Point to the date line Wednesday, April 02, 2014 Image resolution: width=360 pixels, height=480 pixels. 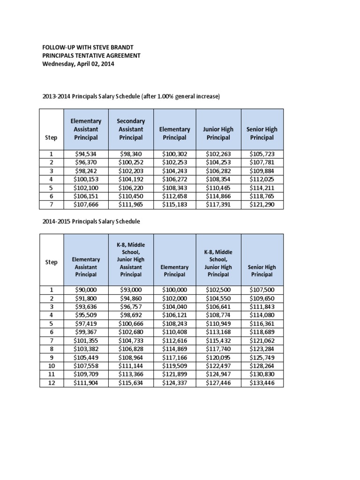(x=78, y=64)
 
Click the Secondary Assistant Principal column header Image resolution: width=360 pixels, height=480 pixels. (x=130, y=129)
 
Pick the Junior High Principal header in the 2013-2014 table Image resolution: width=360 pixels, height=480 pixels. (x=218, y=133)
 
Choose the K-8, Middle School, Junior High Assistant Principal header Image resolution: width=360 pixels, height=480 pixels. (x=130, y=260)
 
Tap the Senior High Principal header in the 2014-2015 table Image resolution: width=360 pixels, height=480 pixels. (x=262, y=270)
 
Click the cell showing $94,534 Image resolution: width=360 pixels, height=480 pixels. (x=86, y=154)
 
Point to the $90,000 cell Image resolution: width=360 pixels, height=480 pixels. (x=86, y=290)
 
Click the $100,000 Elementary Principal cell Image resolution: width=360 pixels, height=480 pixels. (x=174, y=290)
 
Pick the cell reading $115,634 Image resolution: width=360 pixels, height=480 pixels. (x=131, y=383)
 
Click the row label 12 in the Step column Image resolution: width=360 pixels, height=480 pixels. (x=52, y=383)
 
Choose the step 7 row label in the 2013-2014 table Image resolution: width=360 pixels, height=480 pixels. (x=52, y=204)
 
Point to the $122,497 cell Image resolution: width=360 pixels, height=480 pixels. (x=218, y=366)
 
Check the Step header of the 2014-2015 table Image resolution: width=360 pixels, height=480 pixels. (x=52, y=262)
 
